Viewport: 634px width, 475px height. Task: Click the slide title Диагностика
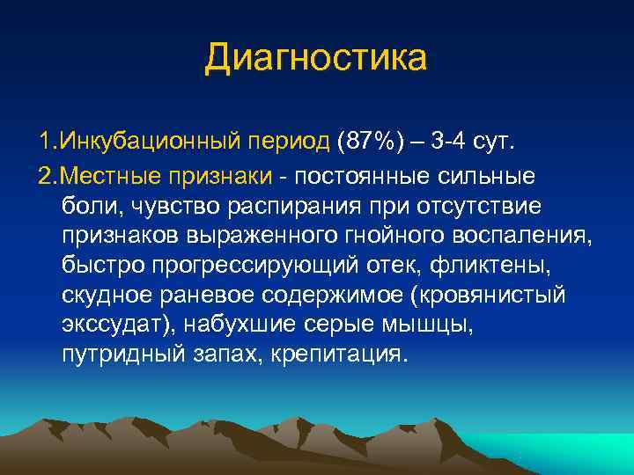pyautogui.click(x=316, y=59)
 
